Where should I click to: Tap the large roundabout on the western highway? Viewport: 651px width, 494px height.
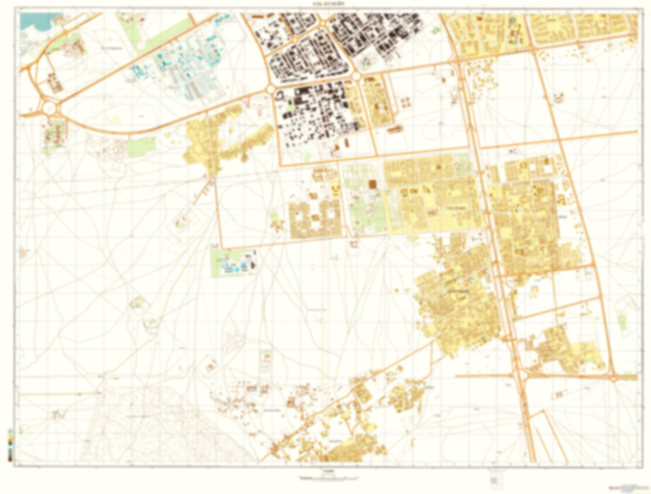(49, 108)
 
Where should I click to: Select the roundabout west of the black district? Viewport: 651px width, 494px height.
(271, 90)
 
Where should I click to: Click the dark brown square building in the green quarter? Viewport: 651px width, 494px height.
(373, 184)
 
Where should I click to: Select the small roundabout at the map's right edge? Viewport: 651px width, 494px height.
(614, 378)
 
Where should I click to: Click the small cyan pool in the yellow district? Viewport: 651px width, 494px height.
(512, 21)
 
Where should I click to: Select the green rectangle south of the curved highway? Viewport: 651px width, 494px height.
(141, 147)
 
